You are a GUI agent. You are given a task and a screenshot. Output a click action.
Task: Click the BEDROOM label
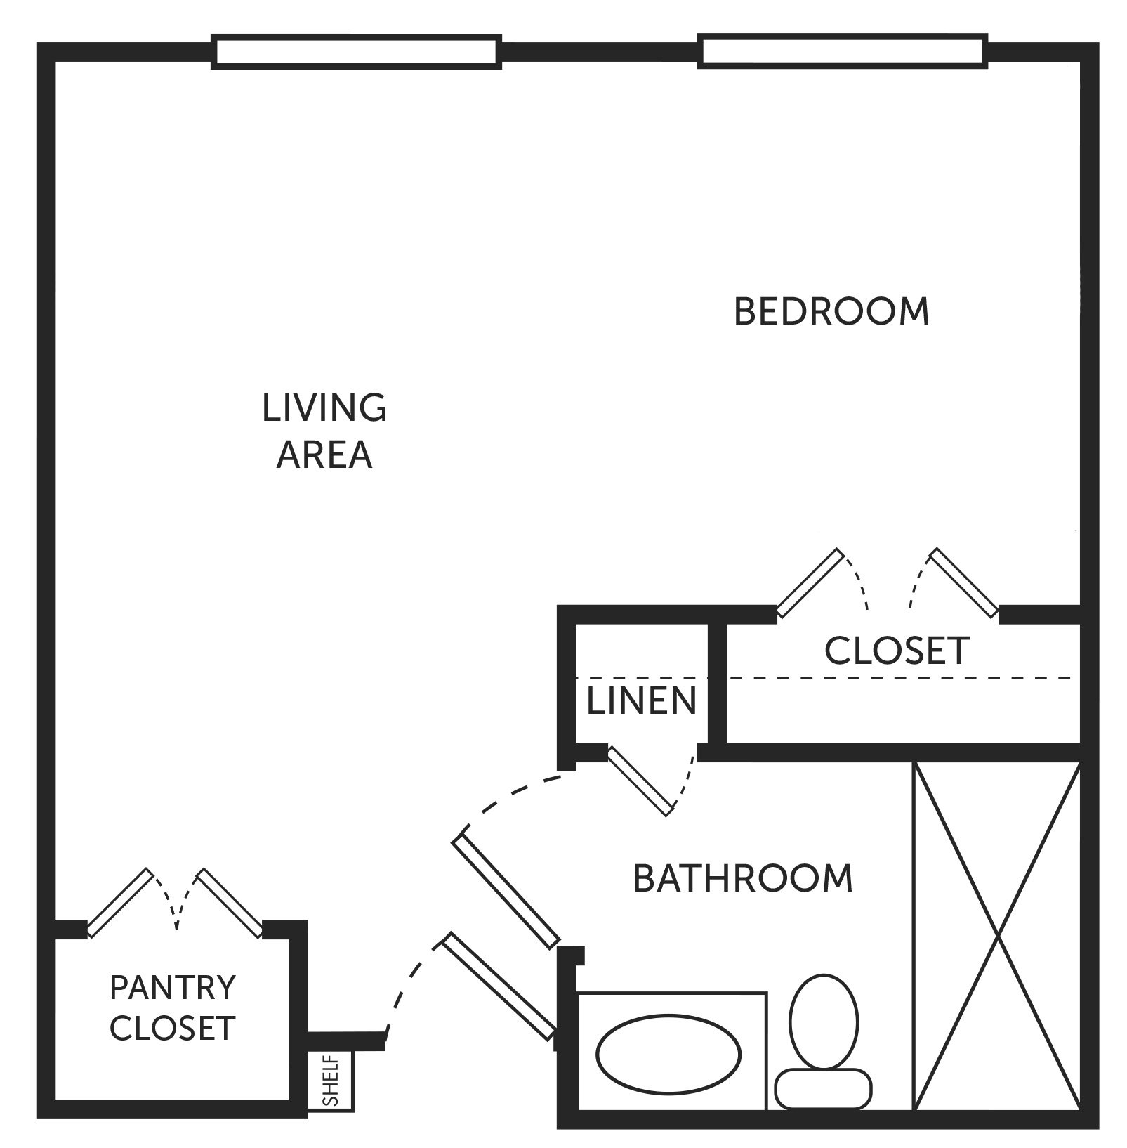point(831,311)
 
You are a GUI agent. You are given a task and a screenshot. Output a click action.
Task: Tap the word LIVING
point(324,407)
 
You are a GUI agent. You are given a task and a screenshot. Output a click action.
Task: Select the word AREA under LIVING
point(324,455)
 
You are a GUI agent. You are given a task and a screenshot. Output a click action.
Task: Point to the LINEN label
point(641,700)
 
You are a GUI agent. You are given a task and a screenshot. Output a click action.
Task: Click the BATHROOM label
point(743,878)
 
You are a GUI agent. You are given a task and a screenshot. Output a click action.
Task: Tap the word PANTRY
point(173,987)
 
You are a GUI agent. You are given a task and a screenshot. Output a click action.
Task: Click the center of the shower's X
point(997,936)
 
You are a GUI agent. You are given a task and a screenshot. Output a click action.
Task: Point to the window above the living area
point(357,52)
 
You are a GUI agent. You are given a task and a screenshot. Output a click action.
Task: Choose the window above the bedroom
point(843,51)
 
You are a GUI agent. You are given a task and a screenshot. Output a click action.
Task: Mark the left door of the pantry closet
point(119,903)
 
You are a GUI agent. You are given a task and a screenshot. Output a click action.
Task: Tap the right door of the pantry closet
point(230,904)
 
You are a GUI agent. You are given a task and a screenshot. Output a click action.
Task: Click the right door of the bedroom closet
point(964,583)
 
